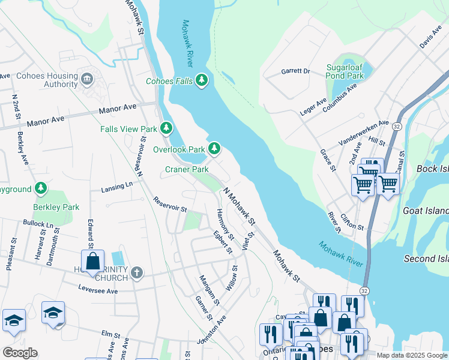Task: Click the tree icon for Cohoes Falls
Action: (202, 80)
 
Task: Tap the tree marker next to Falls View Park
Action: (166, 128)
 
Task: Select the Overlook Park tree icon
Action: (214, 148)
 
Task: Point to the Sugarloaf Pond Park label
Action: (345, 72)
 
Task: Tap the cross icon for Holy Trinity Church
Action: (136, 273)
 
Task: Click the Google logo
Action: (20, 353)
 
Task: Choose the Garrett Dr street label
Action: (295, 71)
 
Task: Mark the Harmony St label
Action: (225, 223)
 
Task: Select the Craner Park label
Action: (187, 169)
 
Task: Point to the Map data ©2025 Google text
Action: (412, 355)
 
